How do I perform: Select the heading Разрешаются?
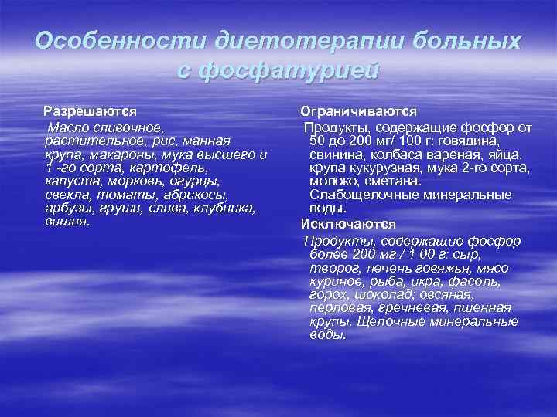coord(89,111)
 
